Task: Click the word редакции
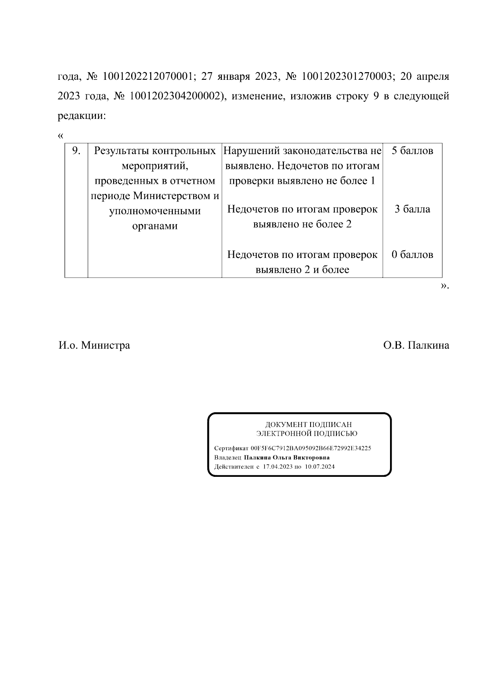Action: click(81, 116)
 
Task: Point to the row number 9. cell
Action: click(76, 151)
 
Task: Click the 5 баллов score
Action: click(412, 151)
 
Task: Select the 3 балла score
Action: click(412, 209)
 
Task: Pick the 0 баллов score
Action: click(412, 255)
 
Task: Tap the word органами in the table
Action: click(155, 226)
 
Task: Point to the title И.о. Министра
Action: click(94, 345)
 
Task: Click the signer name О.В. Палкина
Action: click(416, 345)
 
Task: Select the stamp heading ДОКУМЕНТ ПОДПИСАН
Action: click(308, 424)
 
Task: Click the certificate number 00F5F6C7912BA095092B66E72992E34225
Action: click(311, 448)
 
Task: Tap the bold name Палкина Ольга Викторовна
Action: click(286, 457)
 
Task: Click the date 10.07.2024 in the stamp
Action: click(320, 467)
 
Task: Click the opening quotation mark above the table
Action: click(61, 135)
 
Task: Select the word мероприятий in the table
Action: click(155, 166)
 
